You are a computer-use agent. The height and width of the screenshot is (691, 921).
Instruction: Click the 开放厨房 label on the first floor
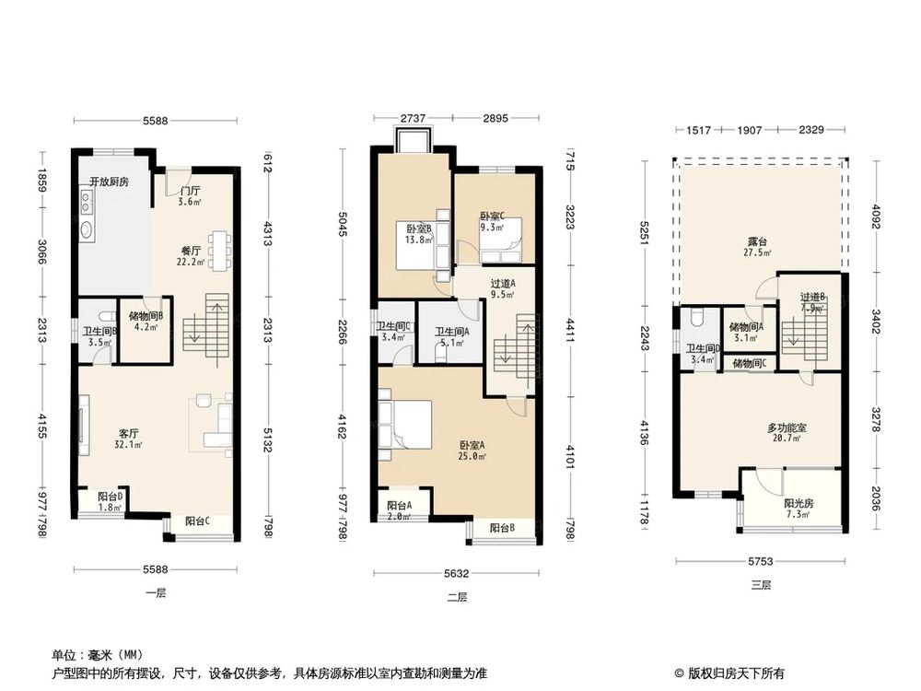click(109, 182)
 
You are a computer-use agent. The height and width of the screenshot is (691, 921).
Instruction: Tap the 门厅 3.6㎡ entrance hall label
click(190, 196)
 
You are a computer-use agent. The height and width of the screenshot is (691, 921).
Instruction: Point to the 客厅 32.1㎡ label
click(129, 438)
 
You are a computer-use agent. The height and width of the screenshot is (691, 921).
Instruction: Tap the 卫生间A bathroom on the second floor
click(452, 337)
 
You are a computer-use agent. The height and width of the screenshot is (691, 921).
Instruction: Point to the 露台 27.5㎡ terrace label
click(759, 247)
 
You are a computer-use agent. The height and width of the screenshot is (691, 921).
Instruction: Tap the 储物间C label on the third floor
click(749, 364)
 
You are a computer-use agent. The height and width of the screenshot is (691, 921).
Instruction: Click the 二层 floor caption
click(457, 596)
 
